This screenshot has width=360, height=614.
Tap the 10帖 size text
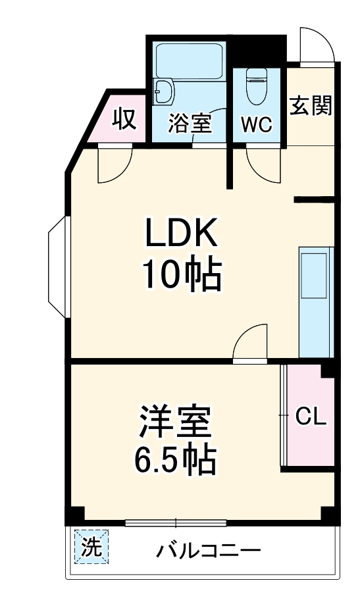(180, 275)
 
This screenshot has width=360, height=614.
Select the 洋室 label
(174, 423)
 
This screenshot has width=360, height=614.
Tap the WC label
(255, 125)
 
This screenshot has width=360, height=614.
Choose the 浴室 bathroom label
(190, 124)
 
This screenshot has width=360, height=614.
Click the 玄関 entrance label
(311, 105)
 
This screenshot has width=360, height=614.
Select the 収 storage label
(123, 119)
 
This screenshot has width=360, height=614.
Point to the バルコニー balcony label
(208, 550)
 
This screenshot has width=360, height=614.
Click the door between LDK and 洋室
(251, 342)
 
